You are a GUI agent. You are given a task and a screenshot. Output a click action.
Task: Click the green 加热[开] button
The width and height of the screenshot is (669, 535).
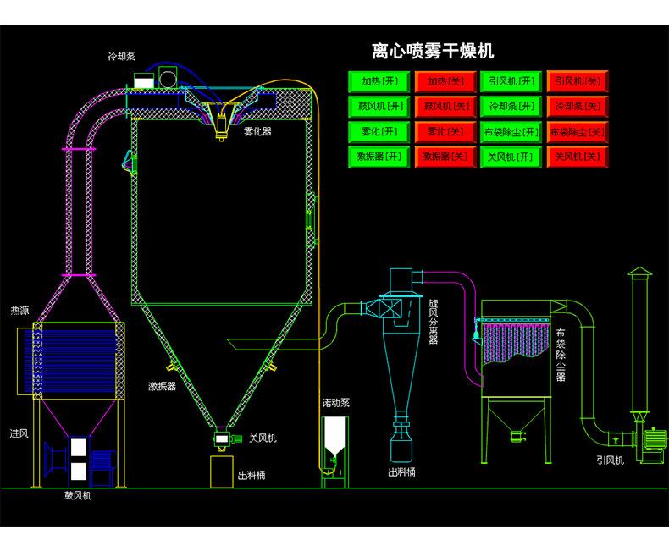[379, 81]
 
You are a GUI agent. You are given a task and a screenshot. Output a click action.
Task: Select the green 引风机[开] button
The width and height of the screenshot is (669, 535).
[511, 81]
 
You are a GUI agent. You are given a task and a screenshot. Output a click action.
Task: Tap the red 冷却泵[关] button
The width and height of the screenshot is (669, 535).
[578, 106]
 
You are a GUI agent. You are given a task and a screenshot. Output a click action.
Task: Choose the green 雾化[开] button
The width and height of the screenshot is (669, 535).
[379, 132]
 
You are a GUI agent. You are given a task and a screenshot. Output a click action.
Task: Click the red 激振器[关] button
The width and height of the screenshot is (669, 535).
[445, 157]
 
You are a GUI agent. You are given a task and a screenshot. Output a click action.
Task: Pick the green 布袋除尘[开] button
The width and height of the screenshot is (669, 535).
[511, 132]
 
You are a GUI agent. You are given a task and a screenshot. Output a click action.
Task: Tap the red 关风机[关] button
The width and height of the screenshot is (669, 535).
[578, 157]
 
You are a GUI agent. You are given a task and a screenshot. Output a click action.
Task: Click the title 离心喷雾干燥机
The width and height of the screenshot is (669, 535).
[433, 51]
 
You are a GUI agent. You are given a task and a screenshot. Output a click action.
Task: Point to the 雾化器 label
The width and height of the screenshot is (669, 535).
[257, 131]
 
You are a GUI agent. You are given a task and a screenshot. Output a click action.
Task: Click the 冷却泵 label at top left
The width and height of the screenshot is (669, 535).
[122, 57]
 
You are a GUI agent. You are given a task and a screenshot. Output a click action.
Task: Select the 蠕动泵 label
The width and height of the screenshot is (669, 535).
[336, 403]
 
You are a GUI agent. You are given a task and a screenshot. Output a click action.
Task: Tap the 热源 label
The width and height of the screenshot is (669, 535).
[19, 311]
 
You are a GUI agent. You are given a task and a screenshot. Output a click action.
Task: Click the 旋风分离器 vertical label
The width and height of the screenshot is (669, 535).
[434, 322]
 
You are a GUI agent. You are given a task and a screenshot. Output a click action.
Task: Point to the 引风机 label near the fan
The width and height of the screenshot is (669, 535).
[610, 461]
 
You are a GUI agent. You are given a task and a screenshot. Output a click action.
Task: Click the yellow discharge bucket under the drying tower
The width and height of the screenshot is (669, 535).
[222, 472]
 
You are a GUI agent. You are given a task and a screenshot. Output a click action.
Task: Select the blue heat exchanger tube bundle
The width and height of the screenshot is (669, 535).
[71, 361]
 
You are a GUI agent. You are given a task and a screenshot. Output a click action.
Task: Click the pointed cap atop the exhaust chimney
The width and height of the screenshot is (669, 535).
[639, 272]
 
